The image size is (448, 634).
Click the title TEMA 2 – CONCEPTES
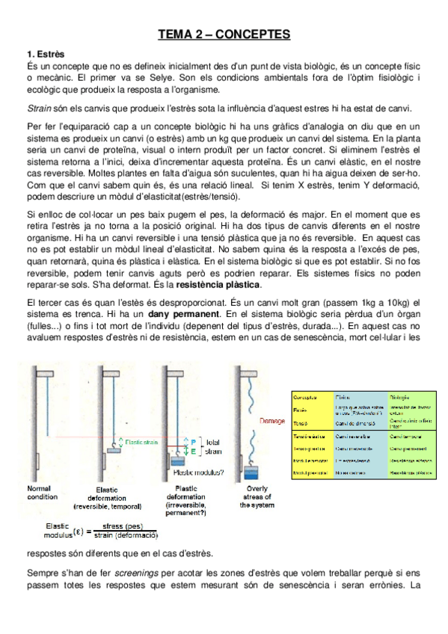224,34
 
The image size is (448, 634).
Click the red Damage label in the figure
272,422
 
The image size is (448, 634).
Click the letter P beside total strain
193,442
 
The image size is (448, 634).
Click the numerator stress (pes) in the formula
123,526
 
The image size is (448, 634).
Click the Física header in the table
344,396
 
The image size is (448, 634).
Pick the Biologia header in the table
398,396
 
